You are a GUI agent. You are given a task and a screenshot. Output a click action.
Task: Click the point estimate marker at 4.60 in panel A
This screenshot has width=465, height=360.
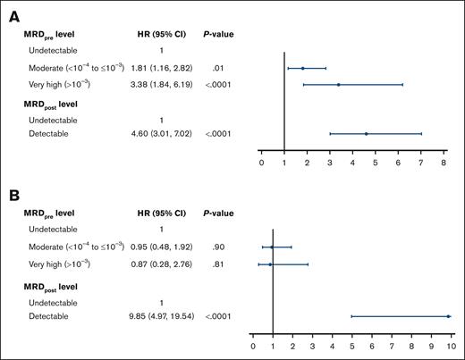point(366,134)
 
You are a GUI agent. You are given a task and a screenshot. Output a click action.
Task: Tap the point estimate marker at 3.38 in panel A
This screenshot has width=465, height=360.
point(338,85)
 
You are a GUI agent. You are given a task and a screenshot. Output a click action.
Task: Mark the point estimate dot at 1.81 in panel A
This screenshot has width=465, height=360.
point(302,68)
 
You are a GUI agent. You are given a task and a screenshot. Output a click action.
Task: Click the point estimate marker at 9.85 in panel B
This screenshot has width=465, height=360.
point(447,316)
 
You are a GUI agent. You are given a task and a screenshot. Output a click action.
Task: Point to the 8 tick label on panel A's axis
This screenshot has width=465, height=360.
point(444,163)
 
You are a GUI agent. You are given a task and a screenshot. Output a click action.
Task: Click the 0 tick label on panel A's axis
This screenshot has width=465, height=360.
point(261,163)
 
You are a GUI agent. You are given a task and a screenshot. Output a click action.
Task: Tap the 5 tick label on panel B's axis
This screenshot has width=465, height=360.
point(351,345)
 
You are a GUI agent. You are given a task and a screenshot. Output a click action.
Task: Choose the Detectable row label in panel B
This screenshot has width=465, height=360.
point(50,316)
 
